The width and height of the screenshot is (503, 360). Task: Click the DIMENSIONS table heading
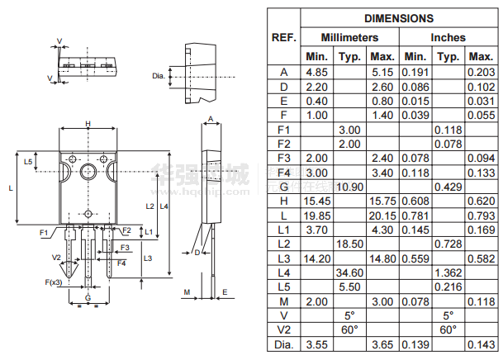coord(399,18)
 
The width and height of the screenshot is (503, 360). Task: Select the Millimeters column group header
coord(349,37)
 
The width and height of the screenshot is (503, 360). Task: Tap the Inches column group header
coord(448,37)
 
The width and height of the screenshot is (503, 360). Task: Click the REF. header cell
coord(283,37)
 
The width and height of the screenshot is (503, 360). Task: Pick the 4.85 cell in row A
coord(316,72)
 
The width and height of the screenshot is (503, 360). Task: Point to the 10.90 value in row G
coord(349,187)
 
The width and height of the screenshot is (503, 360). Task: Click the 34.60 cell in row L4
coord(349,272)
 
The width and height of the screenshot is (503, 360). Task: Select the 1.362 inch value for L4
coord(448,272)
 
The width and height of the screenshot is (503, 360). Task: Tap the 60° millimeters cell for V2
coord(349,330)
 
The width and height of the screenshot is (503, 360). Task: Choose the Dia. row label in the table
coord(284,344)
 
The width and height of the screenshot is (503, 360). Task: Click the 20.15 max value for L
coord(382,216)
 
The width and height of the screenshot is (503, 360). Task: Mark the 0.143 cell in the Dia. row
coord(482,344)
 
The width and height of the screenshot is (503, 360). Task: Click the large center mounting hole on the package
coord(88,172)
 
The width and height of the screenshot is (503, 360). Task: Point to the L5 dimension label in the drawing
coord(28,162)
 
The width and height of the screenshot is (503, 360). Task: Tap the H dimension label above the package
coord(88,124)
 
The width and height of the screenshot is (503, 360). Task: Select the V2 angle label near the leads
coord(56,258)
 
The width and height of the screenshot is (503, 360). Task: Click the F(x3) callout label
coord(54,282)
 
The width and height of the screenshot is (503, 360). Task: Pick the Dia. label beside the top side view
coord(159,76)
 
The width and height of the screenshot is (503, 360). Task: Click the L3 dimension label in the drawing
coord(148,258)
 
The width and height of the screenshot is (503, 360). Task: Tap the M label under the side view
coord(187,292)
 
